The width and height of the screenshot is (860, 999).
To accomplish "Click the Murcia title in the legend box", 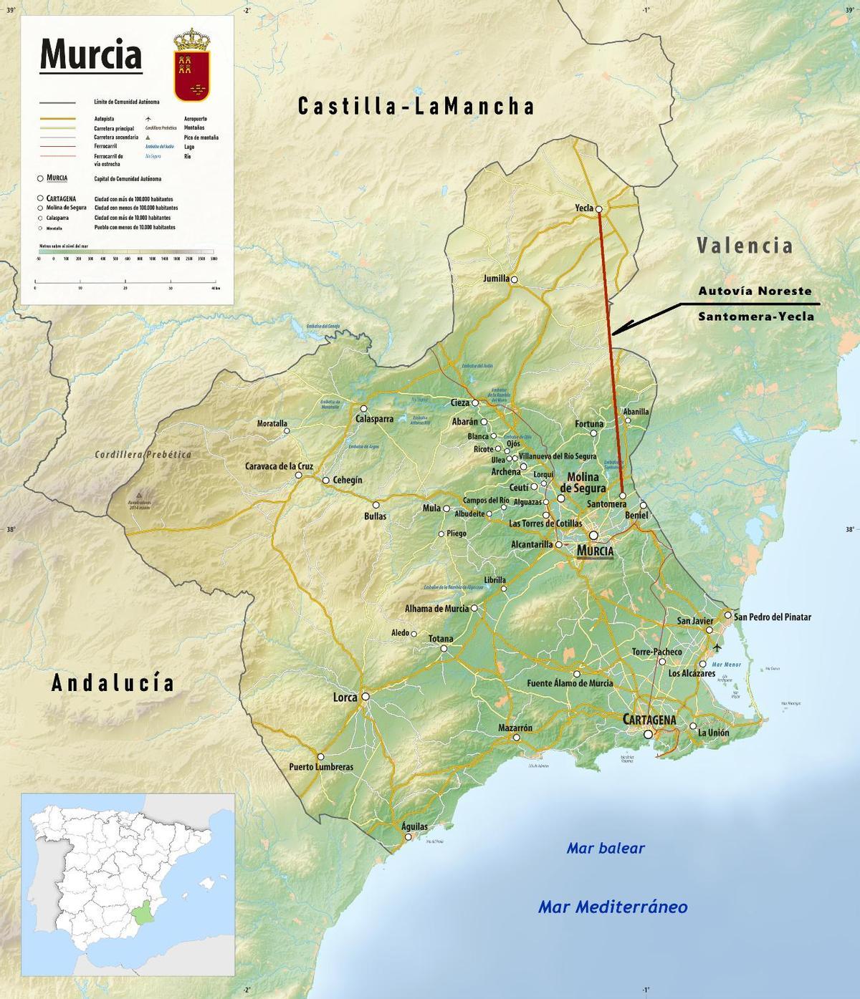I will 90,54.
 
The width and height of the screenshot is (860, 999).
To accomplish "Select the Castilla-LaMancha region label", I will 416,107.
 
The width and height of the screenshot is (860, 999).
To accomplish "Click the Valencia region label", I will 745,246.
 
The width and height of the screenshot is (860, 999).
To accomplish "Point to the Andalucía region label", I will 113,682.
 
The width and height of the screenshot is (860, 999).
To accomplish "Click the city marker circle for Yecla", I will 599,208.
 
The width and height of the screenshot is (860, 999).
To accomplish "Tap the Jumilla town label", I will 496,279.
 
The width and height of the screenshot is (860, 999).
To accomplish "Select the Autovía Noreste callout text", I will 755,291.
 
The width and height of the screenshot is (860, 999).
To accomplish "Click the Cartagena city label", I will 649,719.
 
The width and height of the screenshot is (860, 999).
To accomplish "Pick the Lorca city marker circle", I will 365,696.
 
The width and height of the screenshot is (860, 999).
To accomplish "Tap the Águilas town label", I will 415,826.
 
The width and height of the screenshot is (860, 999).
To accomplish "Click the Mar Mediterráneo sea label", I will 613,907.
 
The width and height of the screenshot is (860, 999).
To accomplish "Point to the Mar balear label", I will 606,849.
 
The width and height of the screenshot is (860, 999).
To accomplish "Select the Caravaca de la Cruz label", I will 279,465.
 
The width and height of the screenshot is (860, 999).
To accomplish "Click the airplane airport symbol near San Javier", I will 718,647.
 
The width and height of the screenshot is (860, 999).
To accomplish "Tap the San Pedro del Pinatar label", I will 773,617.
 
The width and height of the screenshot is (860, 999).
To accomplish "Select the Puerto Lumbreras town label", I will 321,767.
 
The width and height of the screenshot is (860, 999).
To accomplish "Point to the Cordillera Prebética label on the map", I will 143,454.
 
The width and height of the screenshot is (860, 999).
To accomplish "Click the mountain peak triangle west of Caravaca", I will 140,494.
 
